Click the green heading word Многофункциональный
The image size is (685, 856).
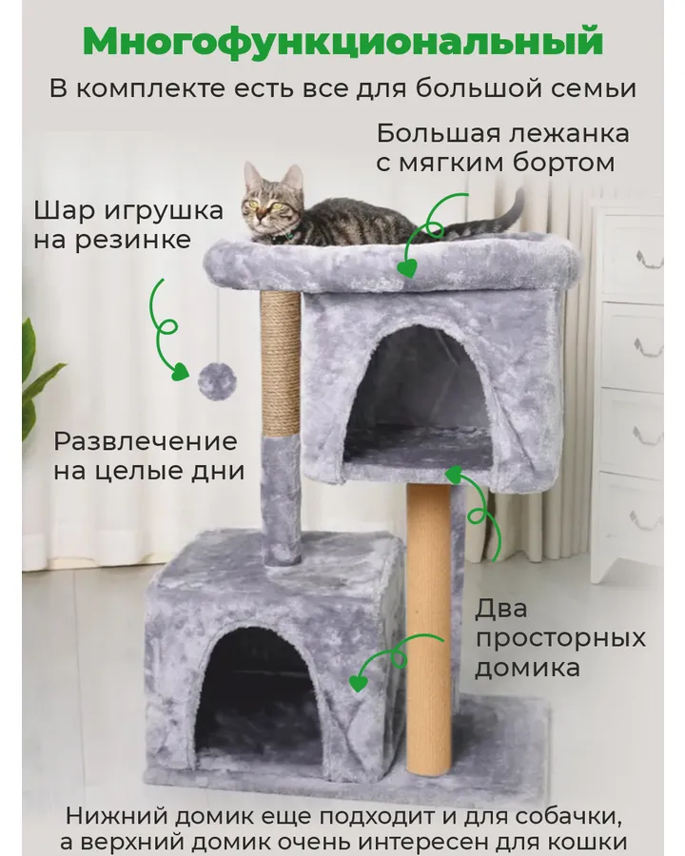[343, 42]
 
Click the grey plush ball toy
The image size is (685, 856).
[216, 381]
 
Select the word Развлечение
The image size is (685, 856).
[146, 441]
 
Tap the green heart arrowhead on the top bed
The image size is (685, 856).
[407, 267]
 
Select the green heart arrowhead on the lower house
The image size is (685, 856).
[358, 682]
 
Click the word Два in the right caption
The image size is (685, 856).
[501, 608]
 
